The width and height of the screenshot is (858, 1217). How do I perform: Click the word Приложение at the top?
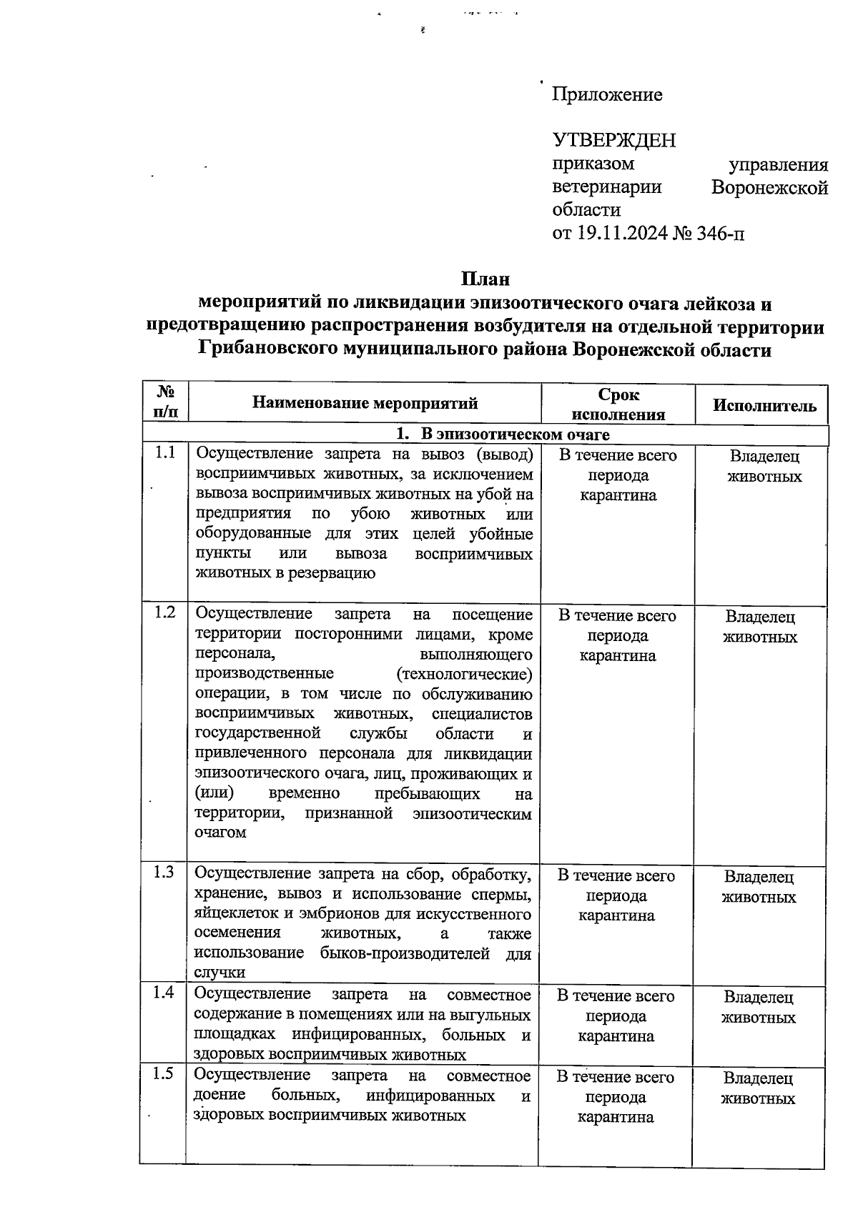(x=607, y=94)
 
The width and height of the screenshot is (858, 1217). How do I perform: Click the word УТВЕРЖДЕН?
(x=614, y=140)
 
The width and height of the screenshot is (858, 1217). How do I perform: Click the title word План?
(x=485, y=279)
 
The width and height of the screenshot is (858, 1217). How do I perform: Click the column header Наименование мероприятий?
(x=365, y=404)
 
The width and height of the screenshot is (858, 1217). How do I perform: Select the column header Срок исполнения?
(x=618, y=404)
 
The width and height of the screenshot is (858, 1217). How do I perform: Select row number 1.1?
(x=165, y=453)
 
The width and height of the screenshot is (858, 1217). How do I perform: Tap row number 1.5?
(x=164, y=1074)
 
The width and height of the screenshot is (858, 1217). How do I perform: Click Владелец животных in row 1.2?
(x=760, y=627)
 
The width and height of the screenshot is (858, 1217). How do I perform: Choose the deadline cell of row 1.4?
(x=616, y=1015)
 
